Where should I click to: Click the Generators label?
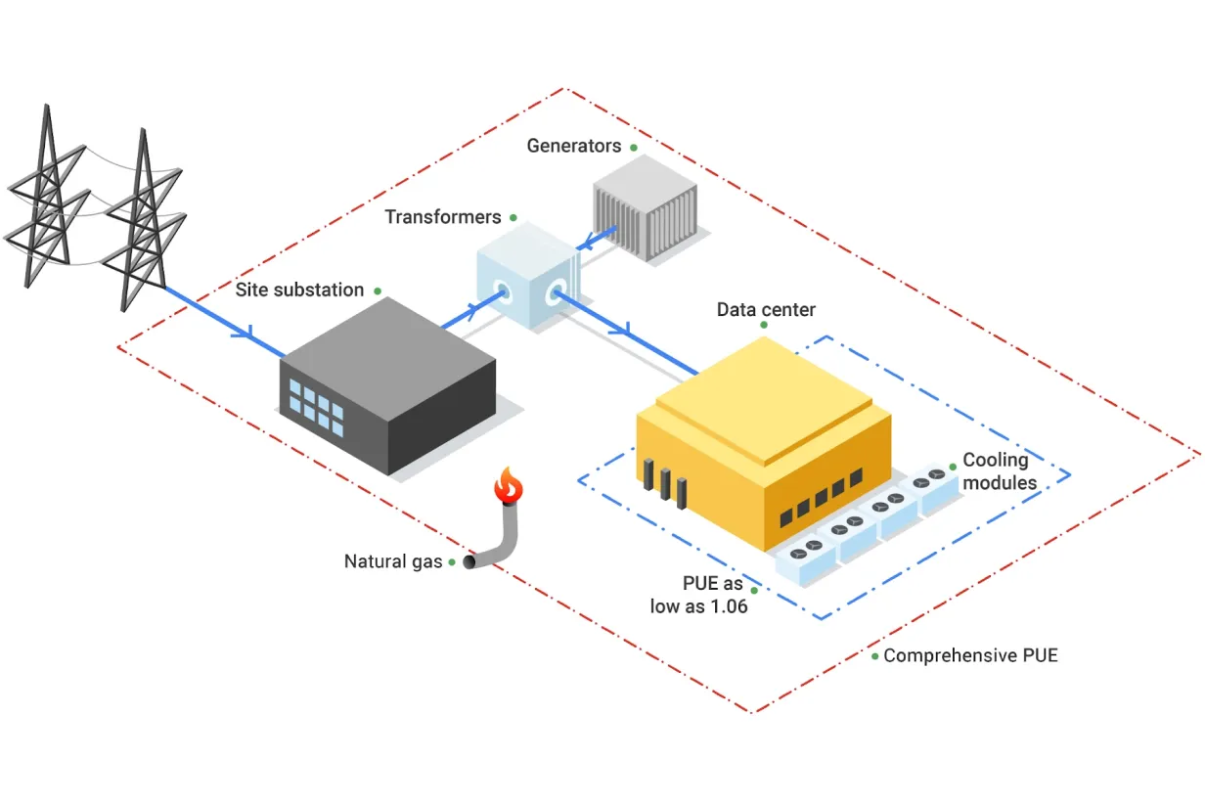point(573,146)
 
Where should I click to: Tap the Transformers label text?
point(442,217)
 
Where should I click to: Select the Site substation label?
point(299,290)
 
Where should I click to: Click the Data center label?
point(766,310)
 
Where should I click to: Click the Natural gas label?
point(393,561)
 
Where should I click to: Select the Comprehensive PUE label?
point(970,655)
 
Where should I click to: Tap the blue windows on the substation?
point(316,405)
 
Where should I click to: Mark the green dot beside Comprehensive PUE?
point(874,655)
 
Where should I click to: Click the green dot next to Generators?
point(633,148)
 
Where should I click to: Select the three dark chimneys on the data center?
point(664,481)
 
